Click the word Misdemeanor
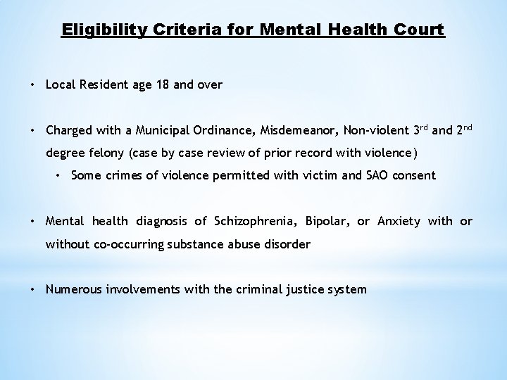289,130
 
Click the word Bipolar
326,222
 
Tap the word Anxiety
399,222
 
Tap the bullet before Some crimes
61,175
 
